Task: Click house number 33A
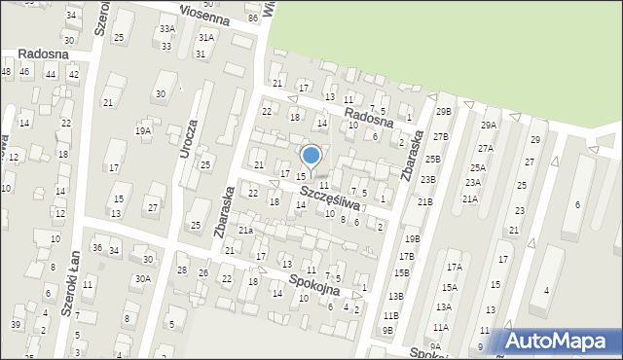coord(167,29)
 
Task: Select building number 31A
coord(206,37)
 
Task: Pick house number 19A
coord(143,130)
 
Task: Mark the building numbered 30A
coord(143,278)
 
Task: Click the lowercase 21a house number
coord(246,230)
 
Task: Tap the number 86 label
coord(253,18)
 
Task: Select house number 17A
coord(454,267)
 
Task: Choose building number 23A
coord(473,182)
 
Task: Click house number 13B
coord(395,296)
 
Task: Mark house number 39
coord(16,324)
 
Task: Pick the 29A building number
coord(489,126)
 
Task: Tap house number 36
coord(97,248)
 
